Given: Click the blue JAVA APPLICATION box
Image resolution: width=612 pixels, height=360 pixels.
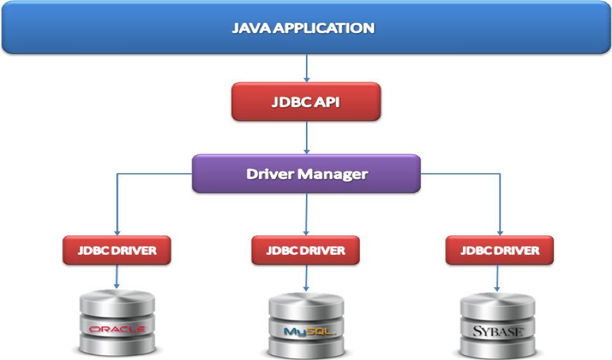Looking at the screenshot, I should coord(306,28).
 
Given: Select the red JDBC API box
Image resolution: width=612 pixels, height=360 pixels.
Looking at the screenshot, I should coord(306,102).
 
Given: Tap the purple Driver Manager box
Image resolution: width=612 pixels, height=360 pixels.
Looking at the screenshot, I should coord(306,173).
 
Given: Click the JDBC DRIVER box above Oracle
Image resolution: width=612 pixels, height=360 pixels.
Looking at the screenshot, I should coord(116,250).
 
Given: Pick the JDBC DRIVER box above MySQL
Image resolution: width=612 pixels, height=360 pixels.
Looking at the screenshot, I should coord(306,250).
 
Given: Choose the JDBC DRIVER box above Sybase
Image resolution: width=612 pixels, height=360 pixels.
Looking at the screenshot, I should coord(499,250).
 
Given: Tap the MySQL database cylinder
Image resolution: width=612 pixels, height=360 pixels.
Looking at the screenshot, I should coord(307,324).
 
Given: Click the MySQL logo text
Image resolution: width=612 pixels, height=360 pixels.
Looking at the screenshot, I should coord(307,331).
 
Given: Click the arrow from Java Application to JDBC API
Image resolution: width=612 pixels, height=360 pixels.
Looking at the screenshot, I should coord(306,68).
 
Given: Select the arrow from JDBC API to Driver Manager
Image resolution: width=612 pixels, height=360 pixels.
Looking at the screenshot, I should coord(306,138).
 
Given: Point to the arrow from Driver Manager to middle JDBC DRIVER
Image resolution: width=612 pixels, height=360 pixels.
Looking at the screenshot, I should coord(306,214).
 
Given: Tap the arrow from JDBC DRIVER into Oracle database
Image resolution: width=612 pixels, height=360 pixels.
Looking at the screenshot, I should coord(116,277).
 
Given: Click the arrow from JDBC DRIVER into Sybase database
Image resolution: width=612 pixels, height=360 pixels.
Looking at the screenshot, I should coord(498,278).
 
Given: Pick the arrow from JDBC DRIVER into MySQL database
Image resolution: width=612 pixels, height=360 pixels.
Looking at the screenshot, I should coord(306,278).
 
